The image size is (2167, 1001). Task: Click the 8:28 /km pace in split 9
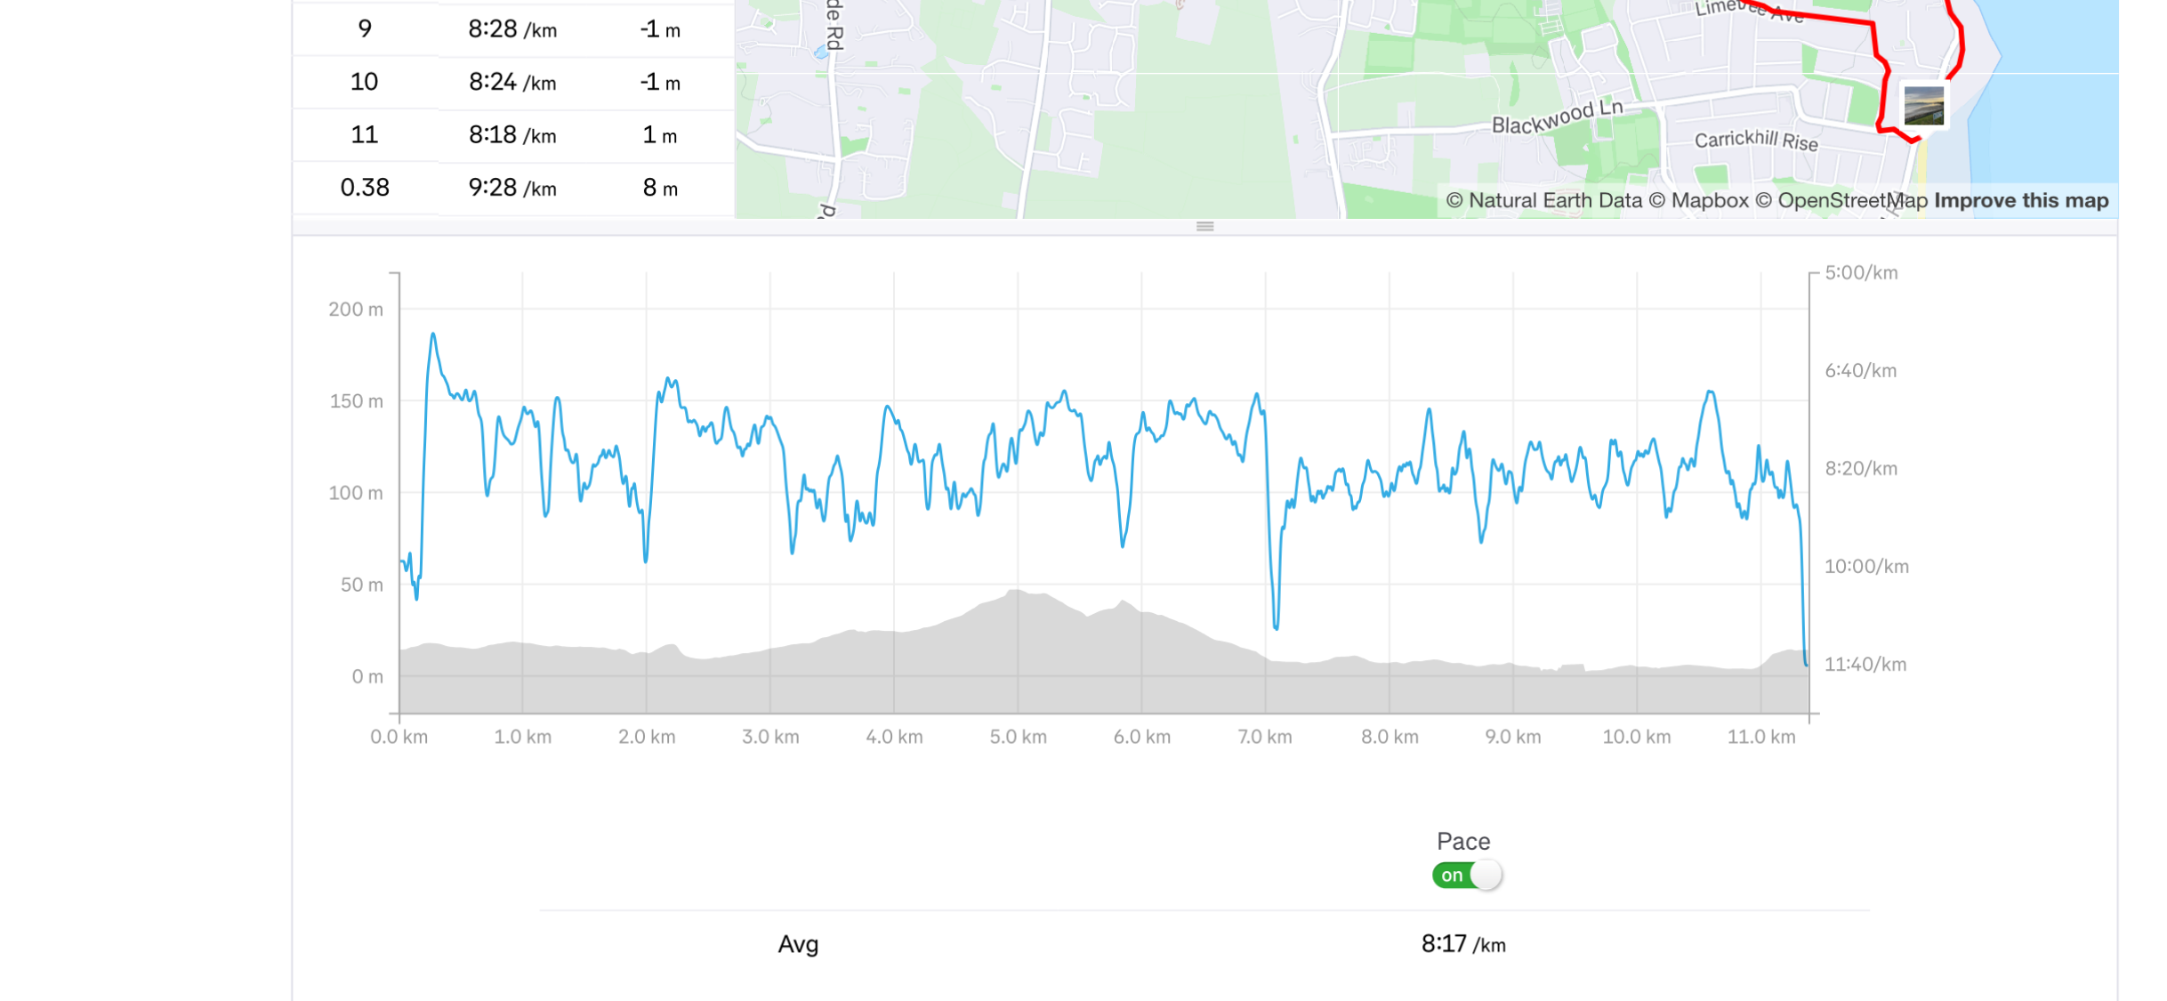tap(512, 30)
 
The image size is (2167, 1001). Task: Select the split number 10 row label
tap(364, 83)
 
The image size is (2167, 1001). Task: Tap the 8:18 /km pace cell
tap(512, 135)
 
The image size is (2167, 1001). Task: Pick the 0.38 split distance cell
tap(365, 188)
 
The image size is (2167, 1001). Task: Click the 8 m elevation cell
tap(660, 188)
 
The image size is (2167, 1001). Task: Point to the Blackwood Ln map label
tap(1557, 117)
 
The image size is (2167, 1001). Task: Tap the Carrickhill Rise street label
tap(1755, 141)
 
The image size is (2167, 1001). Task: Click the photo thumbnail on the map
tap(1923, 106)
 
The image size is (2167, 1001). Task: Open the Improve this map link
tap(2020, 201)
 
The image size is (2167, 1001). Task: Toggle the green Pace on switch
tap(1466, 876)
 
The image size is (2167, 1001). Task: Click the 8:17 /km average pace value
tap(1462, 944)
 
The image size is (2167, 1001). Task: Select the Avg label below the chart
tap(798, 944)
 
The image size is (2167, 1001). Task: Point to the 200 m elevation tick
tap(356, 310)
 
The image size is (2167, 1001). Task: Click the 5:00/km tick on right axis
tap(1861, 273)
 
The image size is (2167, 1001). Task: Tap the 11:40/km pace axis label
tap(1865, 665)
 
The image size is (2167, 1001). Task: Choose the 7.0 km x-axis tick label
tap(1264, 738)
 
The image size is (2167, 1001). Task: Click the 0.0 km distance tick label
tap(399, 738)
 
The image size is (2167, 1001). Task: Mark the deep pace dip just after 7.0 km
tap(1277, 626)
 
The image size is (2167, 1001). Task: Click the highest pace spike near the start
tap(433, 335)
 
